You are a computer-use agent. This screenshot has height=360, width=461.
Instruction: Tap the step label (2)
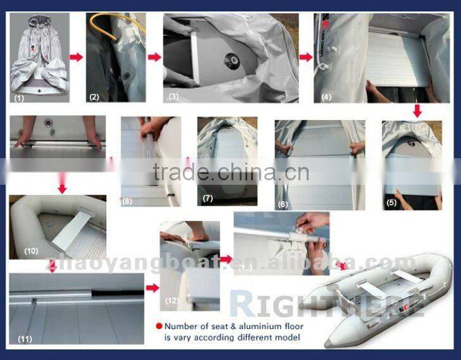[94, 97]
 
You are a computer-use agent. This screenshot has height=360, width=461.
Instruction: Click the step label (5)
[393, 204]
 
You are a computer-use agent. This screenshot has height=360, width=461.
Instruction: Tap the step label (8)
[127, 201]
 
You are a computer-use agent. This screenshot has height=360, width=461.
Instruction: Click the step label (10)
[32, 251]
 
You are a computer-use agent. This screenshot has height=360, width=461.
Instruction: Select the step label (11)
[24, 339]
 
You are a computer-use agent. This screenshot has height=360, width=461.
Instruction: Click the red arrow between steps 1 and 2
[76, 57]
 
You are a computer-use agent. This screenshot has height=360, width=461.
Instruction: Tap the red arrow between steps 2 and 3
[154, 56]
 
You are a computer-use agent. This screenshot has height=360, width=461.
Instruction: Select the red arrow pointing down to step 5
[417, 111]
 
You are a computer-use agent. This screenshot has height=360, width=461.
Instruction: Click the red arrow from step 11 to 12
[152, 288]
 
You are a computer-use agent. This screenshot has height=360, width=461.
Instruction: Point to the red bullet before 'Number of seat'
[158, 327]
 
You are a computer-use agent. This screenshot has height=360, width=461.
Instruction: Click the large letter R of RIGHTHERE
[241, 302]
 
